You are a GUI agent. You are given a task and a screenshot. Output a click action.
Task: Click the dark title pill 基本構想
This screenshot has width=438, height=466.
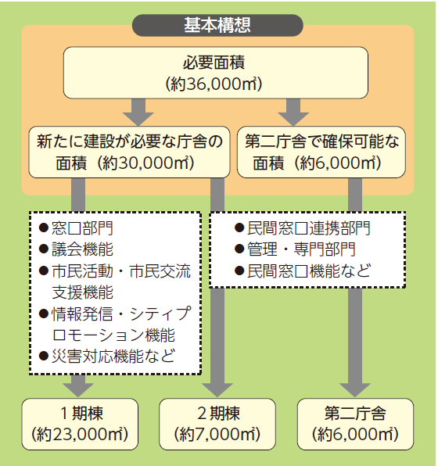(x=217, y=25)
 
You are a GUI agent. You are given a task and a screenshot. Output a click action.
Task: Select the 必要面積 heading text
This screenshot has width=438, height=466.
(x=214, y=63)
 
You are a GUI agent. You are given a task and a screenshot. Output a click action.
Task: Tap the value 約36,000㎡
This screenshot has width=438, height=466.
(x=214, y=84)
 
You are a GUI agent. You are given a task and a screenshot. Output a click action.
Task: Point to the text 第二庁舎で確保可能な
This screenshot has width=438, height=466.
(x=321, y=142)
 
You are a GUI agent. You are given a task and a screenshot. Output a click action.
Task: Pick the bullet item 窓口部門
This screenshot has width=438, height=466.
(x=76, y=228)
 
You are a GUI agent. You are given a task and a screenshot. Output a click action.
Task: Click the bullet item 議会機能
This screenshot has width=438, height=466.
(x=76, y=249)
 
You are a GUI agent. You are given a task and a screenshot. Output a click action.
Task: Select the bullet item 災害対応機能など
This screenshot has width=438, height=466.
(x=107, y=356)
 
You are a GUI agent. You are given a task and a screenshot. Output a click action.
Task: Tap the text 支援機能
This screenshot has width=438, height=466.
(x=83, y=292)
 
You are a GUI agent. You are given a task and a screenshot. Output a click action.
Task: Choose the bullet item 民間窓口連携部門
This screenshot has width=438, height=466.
(x=303, y=228)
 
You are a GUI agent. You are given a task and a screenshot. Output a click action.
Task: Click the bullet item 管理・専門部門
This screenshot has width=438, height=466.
(x=295, y=249)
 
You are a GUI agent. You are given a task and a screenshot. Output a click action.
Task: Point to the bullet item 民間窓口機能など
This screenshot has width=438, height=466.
(x=303, y=271)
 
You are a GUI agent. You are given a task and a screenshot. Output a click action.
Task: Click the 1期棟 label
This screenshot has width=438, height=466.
(x=81, y=413)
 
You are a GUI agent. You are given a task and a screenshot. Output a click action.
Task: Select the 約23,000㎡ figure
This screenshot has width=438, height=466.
(x=80, y=435)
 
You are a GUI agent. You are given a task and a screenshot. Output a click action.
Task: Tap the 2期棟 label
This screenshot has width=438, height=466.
(x=218, y=413)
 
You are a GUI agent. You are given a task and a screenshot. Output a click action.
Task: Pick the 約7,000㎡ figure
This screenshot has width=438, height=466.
(x=217, y=435)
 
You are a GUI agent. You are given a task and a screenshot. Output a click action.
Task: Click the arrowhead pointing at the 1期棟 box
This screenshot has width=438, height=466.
(x=78, y=389)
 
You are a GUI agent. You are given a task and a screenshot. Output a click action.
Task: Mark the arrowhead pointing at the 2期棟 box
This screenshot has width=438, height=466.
(x=217, y=389)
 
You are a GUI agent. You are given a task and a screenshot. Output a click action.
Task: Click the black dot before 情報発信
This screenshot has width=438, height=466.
(x=44, y=314)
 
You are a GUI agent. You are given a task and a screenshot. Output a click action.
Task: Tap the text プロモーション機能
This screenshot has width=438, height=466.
(x=113, y=335)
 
